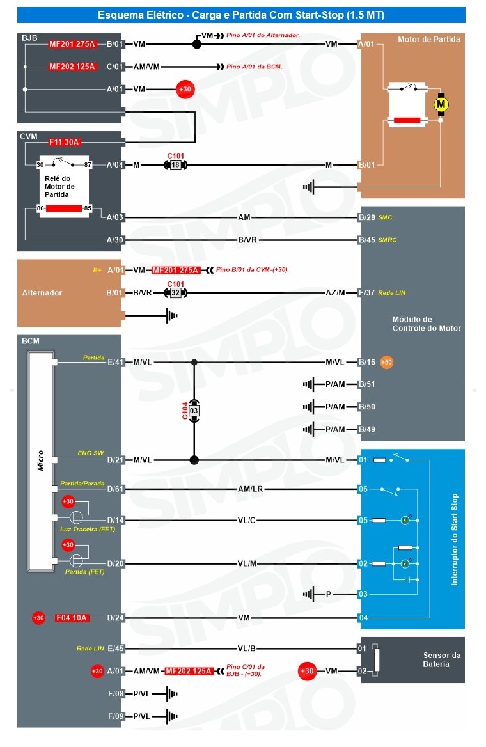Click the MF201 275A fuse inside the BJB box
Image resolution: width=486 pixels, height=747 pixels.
click(72, 44)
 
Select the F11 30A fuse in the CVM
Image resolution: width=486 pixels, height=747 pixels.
click(65, 142)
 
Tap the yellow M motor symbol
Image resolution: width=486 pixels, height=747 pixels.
click(441, 104)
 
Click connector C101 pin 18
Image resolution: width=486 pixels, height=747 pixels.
click(176, 165)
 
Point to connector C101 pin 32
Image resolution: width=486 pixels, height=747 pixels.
click(176, 292)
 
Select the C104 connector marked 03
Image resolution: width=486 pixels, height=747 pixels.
click(194, 411)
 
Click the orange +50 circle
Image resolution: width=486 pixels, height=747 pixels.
click(386, 362)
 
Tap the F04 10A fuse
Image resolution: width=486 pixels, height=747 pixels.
click(72, 618)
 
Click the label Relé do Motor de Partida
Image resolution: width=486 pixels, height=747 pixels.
click(59, 186)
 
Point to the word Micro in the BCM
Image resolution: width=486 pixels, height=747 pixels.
click(40, 460)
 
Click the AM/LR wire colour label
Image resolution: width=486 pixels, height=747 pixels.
click(250, 489)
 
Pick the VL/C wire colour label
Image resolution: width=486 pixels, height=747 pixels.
click(246, 520)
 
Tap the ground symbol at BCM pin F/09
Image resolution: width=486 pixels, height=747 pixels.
click(171, 716)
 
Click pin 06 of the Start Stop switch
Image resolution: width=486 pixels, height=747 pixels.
click(363, 489)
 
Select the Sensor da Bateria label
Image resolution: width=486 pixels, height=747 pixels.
click(442, 660)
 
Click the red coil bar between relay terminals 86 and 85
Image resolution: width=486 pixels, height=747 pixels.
click(64, 208)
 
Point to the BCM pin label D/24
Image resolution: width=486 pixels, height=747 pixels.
click(115, 618)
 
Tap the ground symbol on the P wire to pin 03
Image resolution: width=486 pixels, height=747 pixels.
click(309, 594)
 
